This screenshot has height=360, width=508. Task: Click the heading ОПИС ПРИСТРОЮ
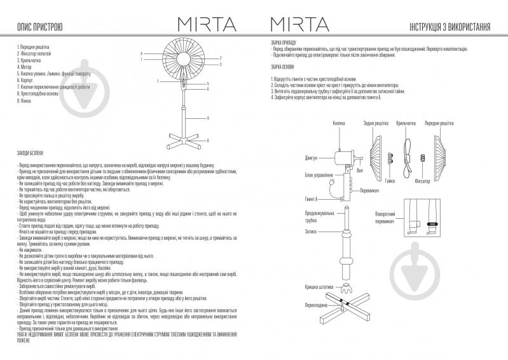(x=39, y=27)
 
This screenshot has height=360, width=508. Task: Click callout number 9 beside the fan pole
(x=209, y=118)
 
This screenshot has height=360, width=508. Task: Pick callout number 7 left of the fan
(x=156, y=82)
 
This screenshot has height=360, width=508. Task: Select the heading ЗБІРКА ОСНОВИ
(x=284, y=68)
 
